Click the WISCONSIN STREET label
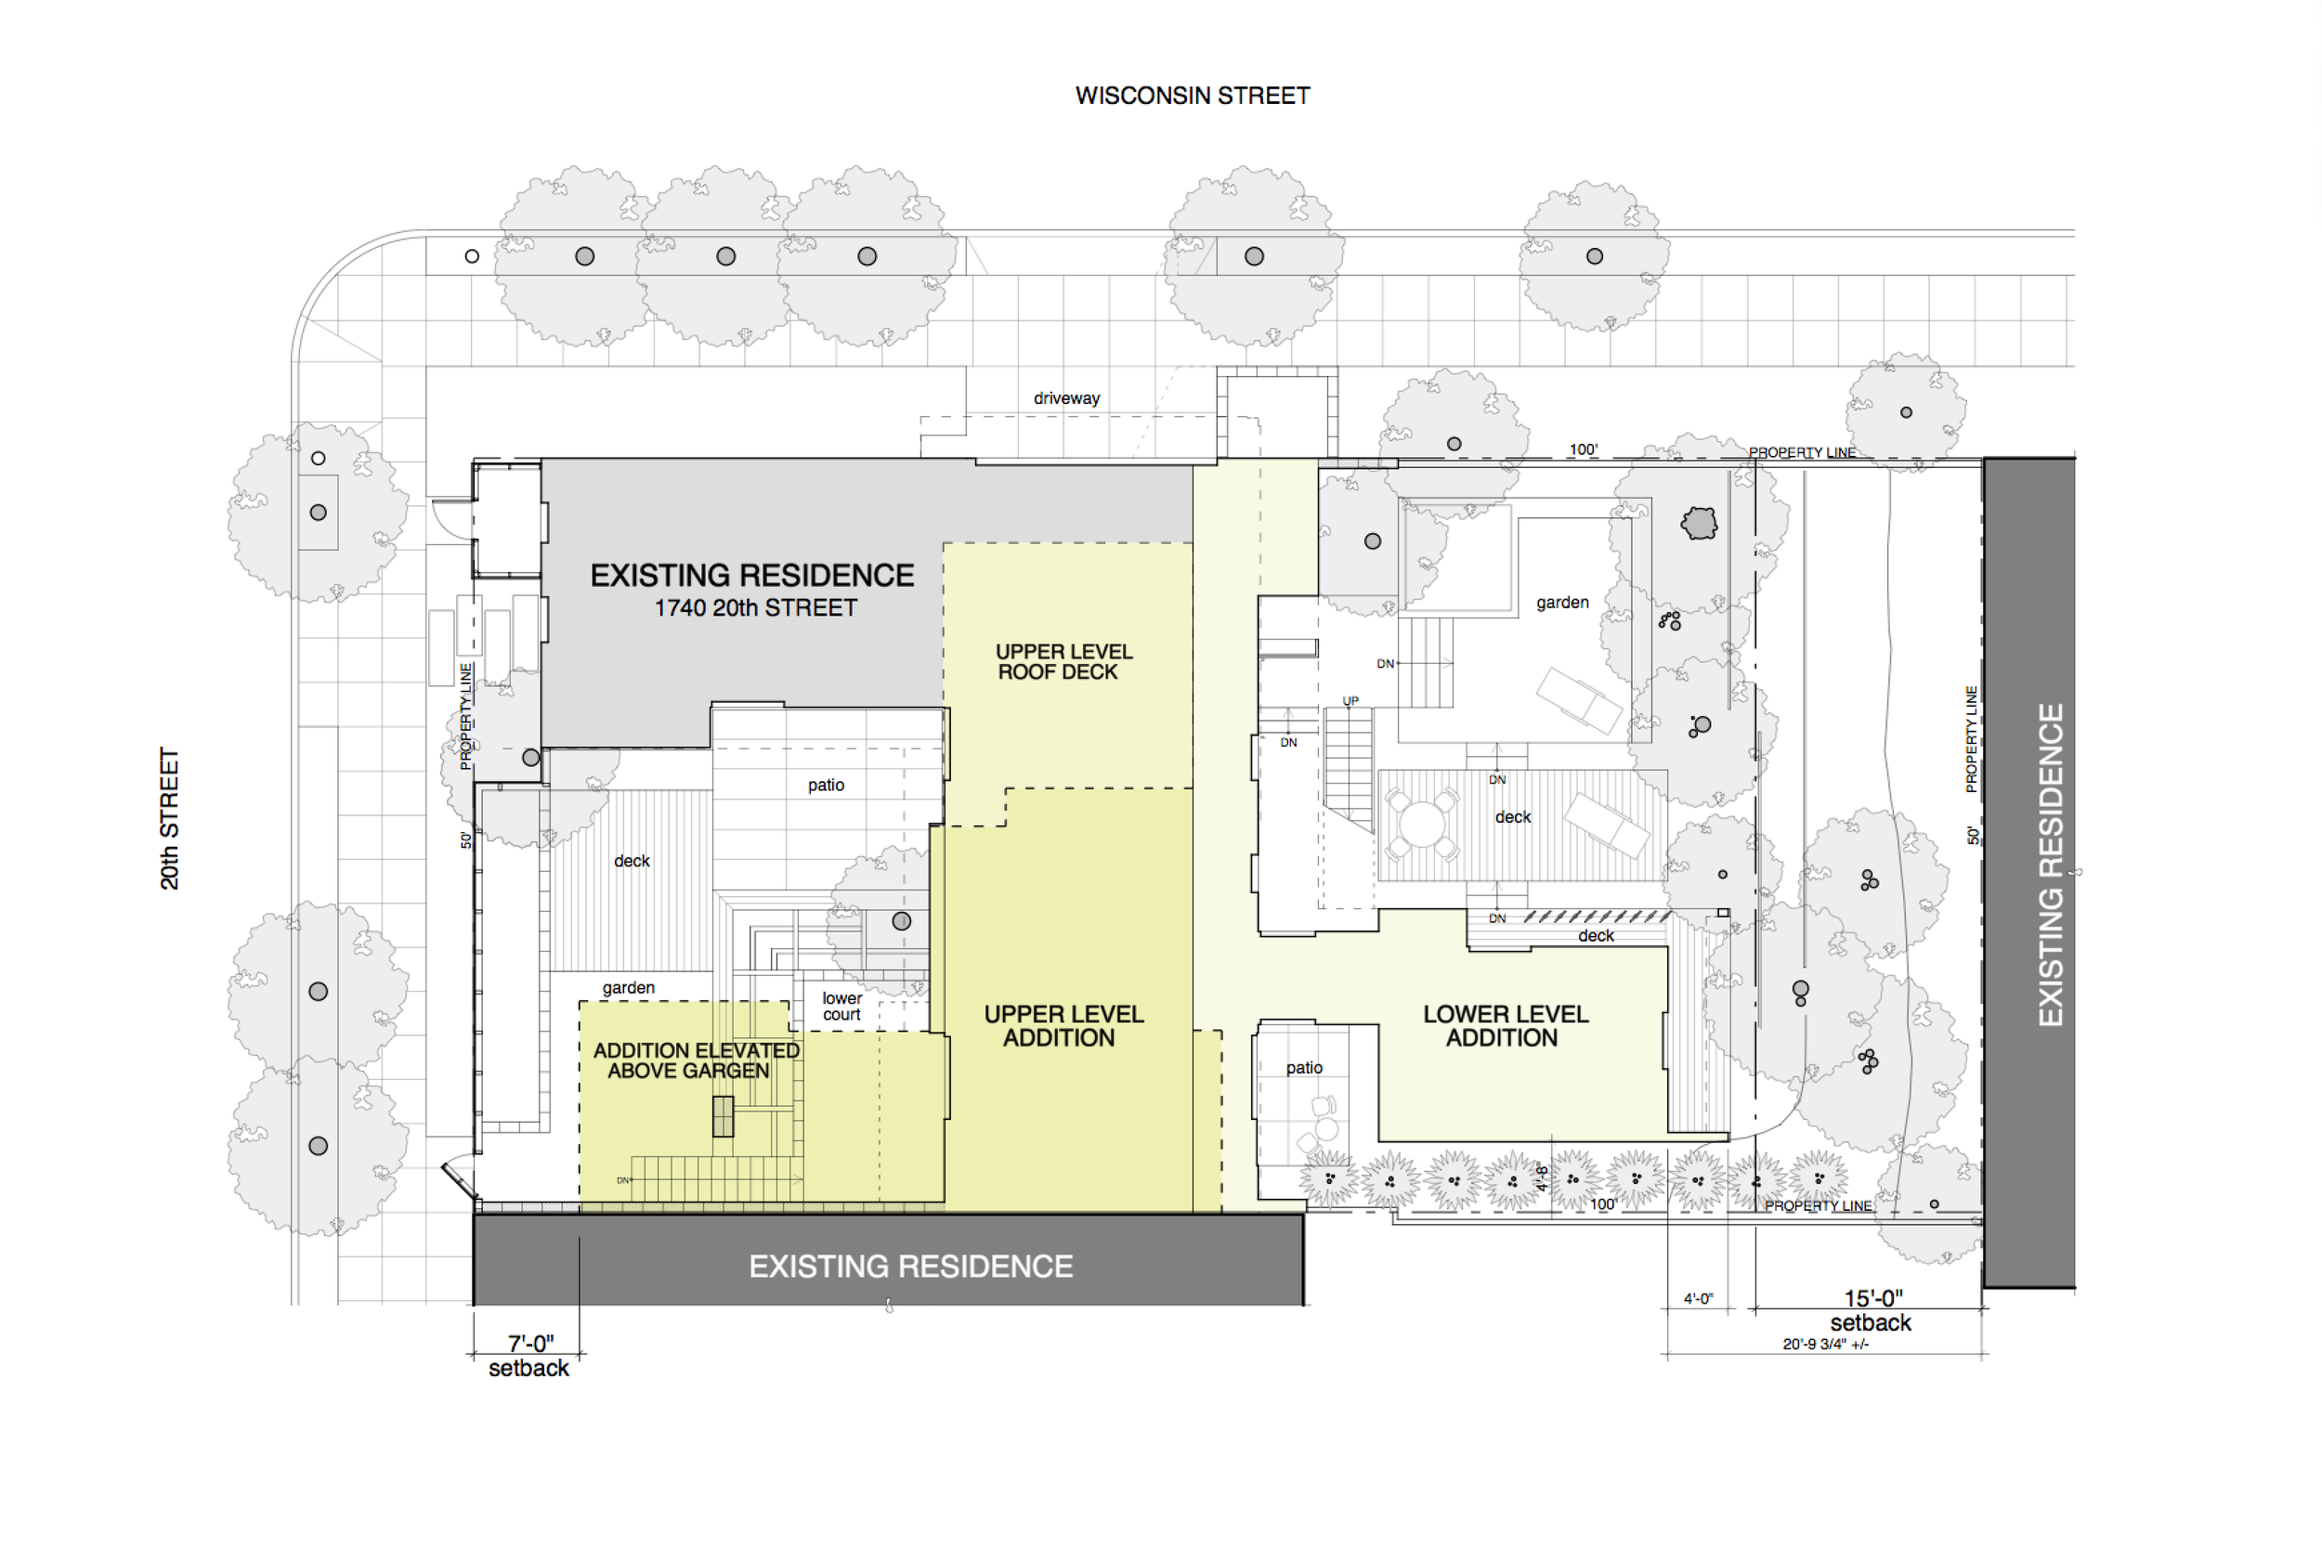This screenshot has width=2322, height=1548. [x=1193, y=96]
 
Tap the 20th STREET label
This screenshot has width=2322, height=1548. [x=170, y=818]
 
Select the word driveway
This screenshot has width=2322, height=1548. [x=1066, y=397]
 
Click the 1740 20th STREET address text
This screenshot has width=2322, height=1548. [x=755, y=608]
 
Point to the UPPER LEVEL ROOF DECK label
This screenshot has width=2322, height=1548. [x=1063, y=661]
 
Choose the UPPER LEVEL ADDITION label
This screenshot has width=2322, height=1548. [x=1063, y=1026]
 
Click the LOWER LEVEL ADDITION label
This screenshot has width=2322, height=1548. [x=1505, y=1026]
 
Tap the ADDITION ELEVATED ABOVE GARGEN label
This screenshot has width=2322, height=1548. [x=695, y=1060]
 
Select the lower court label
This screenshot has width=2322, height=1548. [x=842, y=1006]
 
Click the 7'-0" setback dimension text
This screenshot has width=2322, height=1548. [x=529, y=1356]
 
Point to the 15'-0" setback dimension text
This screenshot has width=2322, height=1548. [x=1871, y=1311]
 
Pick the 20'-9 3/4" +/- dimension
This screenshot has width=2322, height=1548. [x=1825, y=1344]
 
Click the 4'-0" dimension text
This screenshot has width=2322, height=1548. [x=1698, y=1298]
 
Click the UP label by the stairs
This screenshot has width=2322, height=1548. [x=1350, y=701]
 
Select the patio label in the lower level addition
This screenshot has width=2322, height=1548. [x=1304, y=1068]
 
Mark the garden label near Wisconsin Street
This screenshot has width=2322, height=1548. [x=1563, y=603]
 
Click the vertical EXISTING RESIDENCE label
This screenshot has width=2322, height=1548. [x=2052, y=865]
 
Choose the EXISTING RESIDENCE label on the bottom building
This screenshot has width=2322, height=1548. [x=910, y=1267]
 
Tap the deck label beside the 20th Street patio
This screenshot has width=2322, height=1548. [x=632, y=861]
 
